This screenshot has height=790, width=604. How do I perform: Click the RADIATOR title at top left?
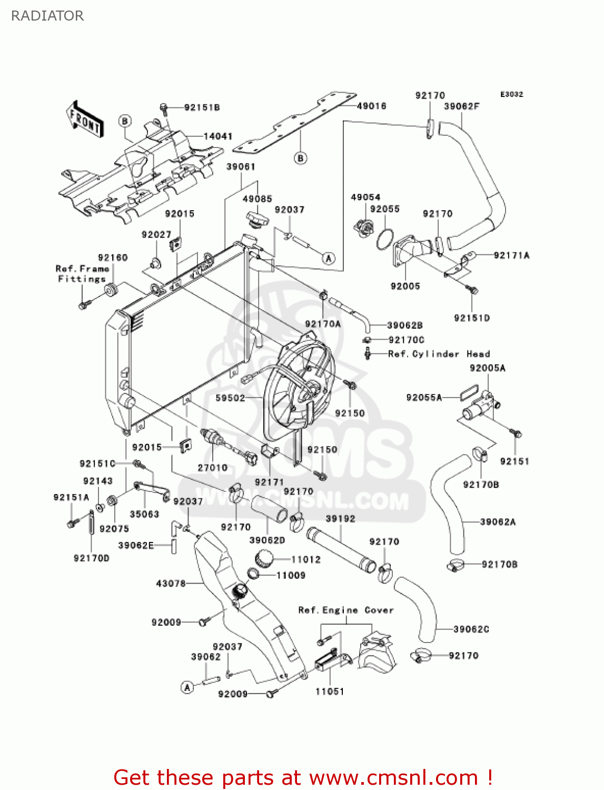47,16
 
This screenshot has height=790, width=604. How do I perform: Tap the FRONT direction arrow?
85,120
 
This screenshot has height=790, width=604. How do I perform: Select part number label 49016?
371,106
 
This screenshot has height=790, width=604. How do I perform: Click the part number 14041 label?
217,136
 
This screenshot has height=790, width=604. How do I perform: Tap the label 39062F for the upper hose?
461,106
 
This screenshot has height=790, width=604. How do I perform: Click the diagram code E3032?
511,94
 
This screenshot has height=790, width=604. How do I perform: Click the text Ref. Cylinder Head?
439,354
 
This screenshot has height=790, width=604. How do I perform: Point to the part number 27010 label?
212,468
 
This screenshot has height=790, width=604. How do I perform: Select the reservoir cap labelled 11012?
263,558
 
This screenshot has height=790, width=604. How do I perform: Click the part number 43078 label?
171,583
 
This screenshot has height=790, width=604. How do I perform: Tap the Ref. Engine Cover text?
345,610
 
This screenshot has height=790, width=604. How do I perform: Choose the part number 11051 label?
330,692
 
